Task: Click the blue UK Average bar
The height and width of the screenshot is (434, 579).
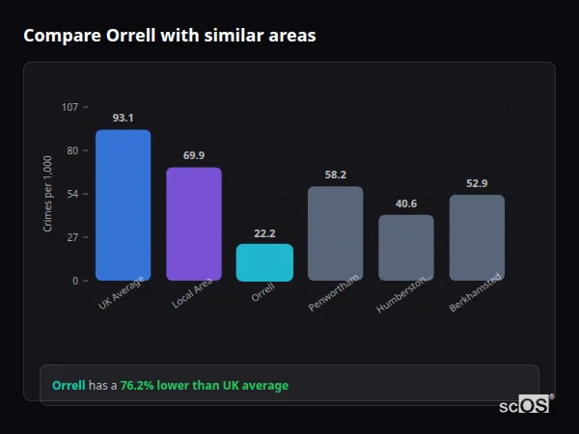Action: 123,205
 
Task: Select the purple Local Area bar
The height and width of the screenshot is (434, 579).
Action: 194,224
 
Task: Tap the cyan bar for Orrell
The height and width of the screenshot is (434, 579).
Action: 264,262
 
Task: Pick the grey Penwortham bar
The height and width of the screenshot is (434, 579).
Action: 335,233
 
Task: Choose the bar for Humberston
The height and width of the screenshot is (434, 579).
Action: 405,248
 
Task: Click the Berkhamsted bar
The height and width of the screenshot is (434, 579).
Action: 477,237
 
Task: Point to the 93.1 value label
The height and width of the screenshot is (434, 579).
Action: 123,118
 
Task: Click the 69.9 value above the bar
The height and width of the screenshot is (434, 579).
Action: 194,155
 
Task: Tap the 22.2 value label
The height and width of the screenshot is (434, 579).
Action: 264,232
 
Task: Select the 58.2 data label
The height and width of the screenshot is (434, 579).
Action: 335,175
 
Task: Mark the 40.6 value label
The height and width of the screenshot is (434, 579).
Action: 405,203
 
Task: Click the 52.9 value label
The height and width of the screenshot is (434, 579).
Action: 477,183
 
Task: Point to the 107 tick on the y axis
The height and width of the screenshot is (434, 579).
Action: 70,107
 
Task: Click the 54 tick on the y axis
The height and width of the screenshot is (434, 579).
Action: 72,194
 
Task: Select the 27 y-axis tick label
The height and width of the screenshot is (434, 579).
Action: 72,237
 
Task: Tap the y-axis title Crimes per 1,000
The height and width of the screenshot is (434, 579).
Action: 47,194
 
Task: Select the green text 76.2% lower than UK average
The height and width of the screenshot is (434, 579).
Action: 205,386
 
